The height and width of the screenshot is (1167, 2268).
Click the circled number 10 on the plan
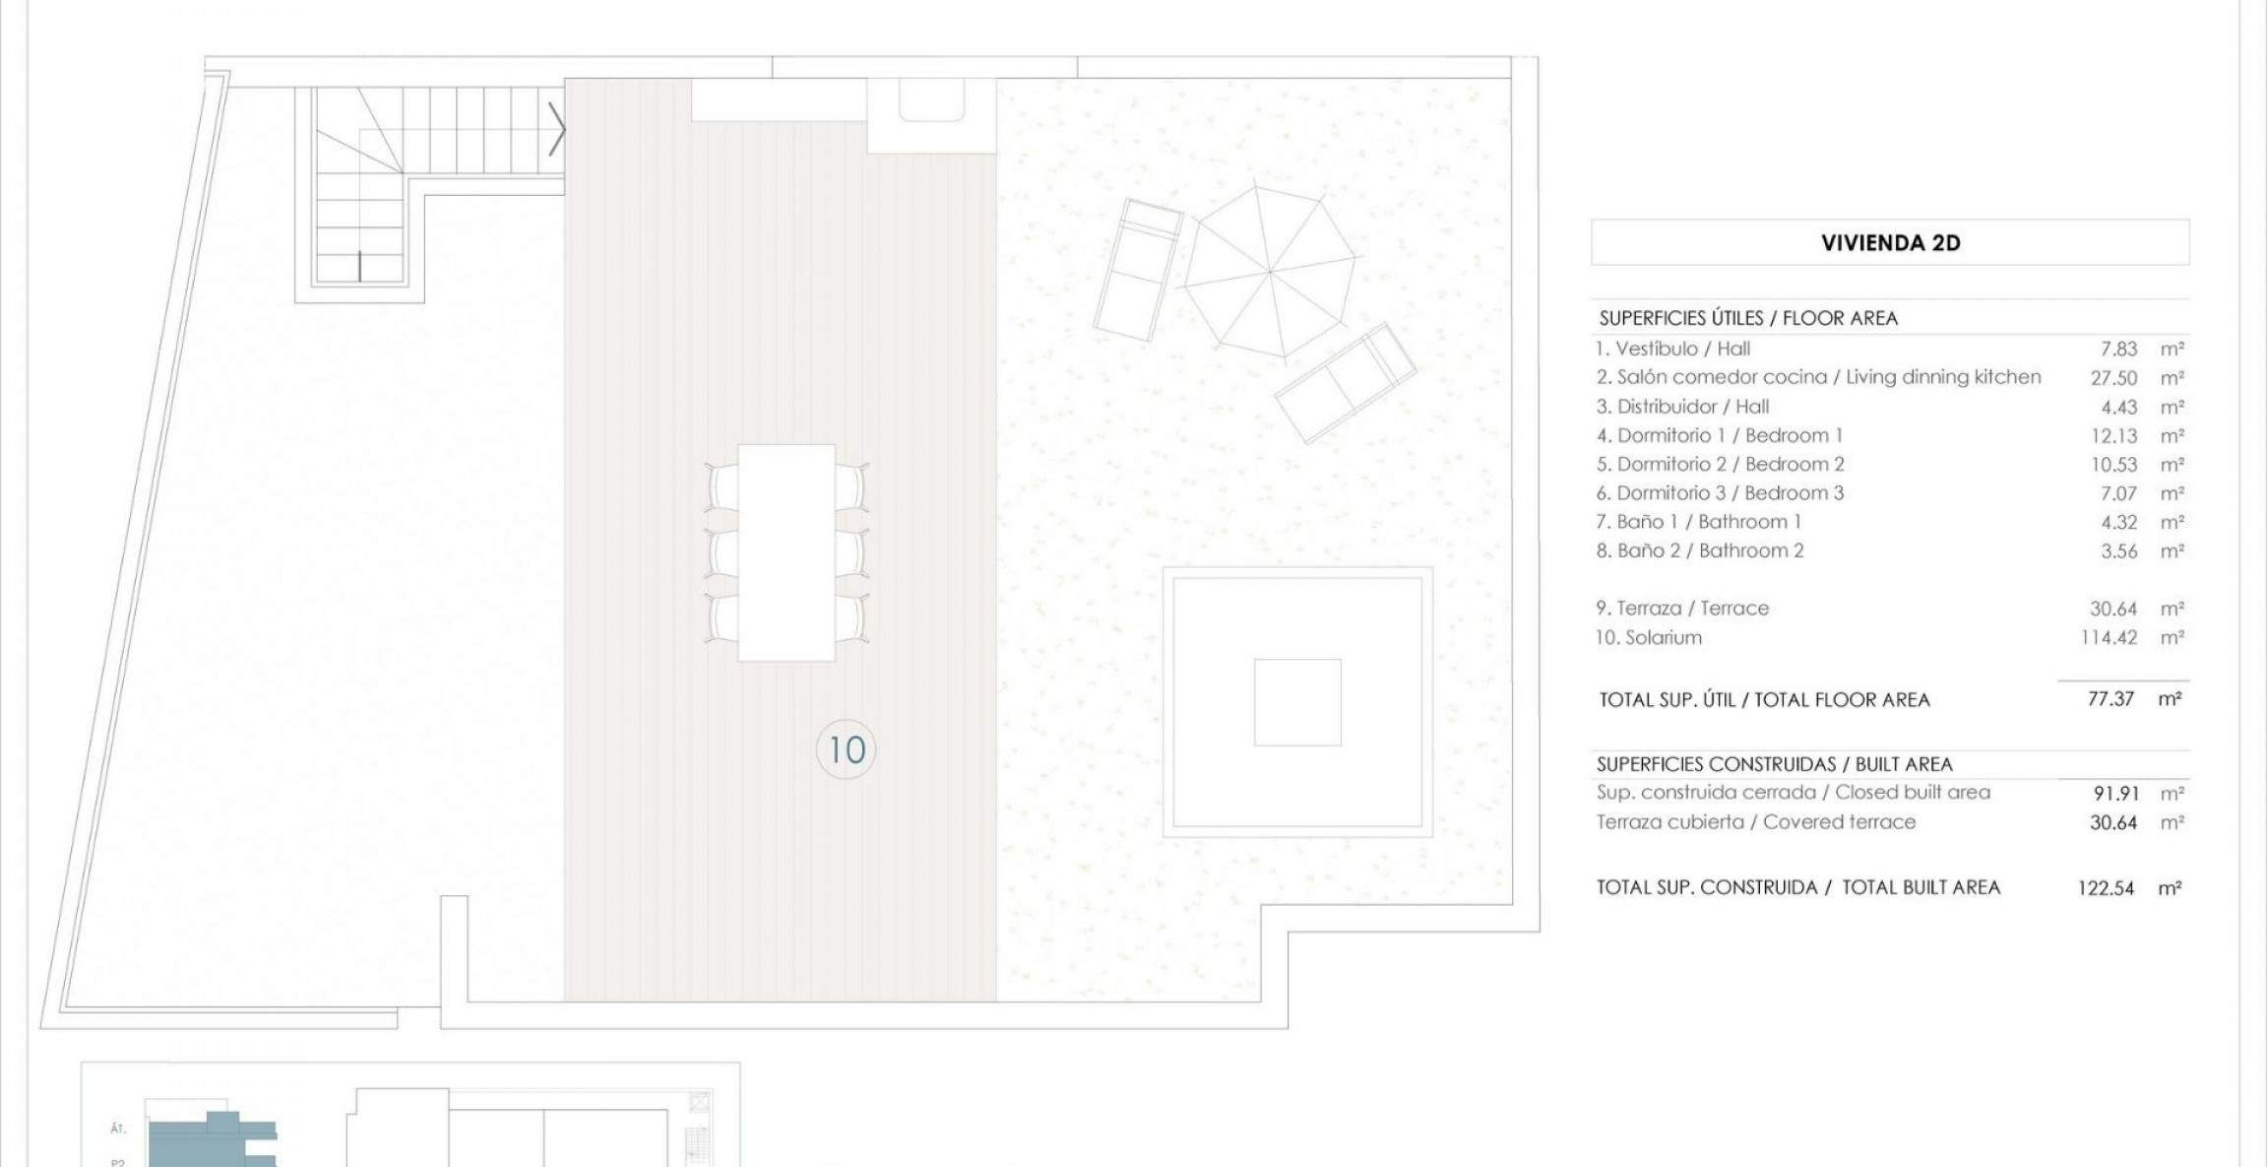coord(846,750)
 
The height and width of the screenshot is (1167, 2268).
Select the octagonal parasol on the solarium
coord(1271,271)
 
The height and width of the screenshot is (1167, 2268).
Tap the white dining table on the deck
coord(787,552)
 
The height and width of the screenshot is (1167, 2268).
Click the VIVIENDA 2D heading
coord(1890,243)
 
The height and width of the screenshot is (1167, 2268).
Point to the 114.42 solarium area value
coord(2109,638)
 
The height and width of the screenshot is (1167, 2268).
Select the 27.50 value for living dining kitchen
coord(2113,378)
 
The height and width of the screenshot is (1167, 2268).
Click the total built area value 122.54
coord(2106,888)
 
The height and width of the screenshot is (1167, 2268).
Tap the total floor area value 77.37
coord(2110,699)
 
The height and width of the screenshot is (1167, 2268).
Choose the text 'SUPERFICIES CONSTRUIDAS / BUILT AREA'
coord(1774,764)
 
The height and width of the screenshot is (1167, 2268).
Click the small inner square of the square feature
coord(1297,702)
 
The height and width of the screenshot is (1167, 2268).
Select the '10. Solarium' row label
coord(1649,638)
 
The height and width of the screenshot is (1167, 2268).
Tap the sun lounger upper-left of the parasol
coord(1138,270)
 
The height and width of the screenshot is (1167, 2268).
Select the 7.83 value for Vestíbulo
coord(2118,349)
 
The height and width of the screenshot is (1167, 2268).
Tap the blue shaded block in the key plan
coord(212,1140)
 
